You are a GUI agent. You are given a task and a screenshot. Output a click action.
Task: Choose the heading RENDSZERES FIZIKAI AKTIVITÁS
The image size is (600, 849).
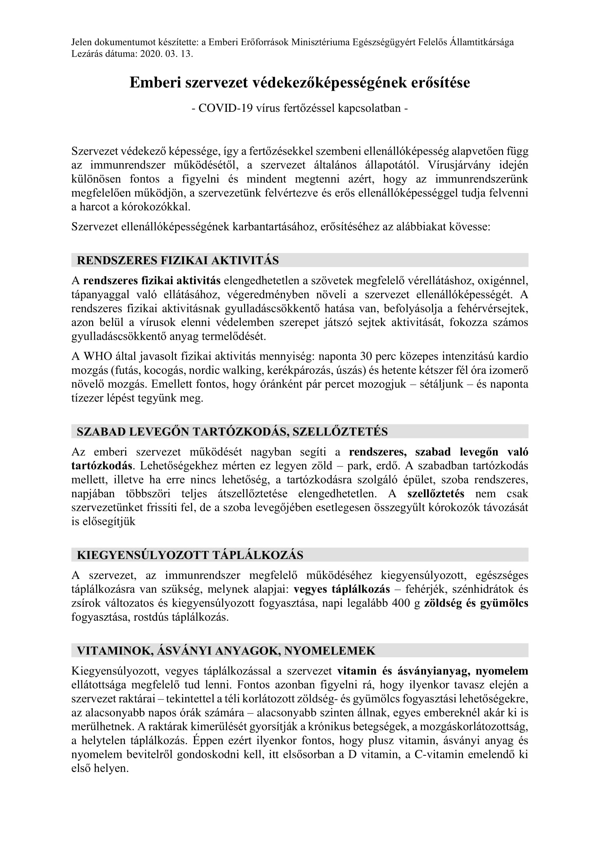click(x=178, y=260)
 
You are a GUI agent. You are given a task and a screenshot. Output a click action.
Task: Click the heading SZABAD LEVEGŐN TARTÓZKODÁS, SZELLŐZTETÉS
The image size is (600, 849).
click(x=232, y=432)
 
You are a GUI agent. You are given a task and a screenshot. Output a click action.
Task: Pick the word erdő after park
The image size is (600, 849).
click(x=386, y=466)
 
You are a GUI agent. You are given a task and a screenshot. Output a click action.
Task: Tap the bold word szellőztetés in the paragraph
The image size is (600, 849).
click(x=436, y=494)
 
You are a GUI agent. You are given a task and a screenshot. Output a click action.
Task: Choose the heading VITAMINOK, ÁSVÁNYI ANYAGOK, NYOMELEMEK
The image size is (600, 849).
click(x=226, y=651)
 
